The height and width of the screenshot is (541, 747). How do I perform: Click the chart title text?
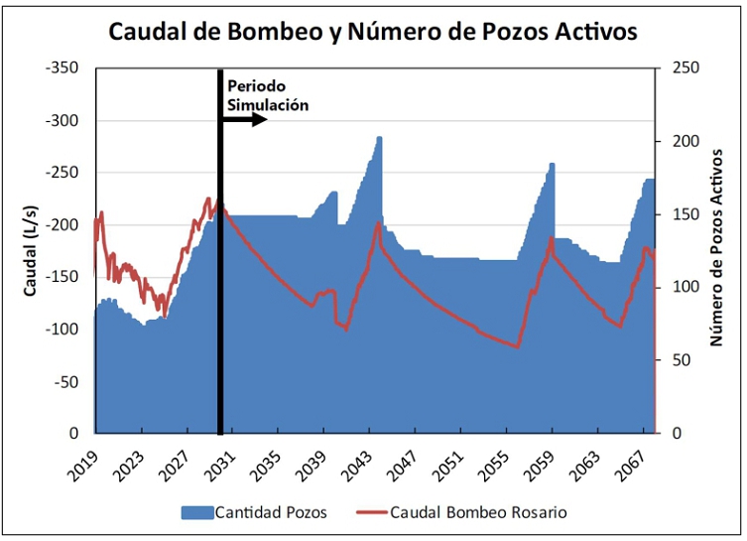coord(372,31)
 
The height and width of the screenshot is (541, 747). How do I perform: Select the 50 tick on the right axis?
coord(684,360)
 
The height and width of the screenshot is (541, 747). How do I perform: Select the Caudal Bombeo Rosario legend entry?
coord(478,512)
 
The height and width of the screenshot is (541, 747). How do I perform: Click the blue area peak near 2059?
coord(553,165)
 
